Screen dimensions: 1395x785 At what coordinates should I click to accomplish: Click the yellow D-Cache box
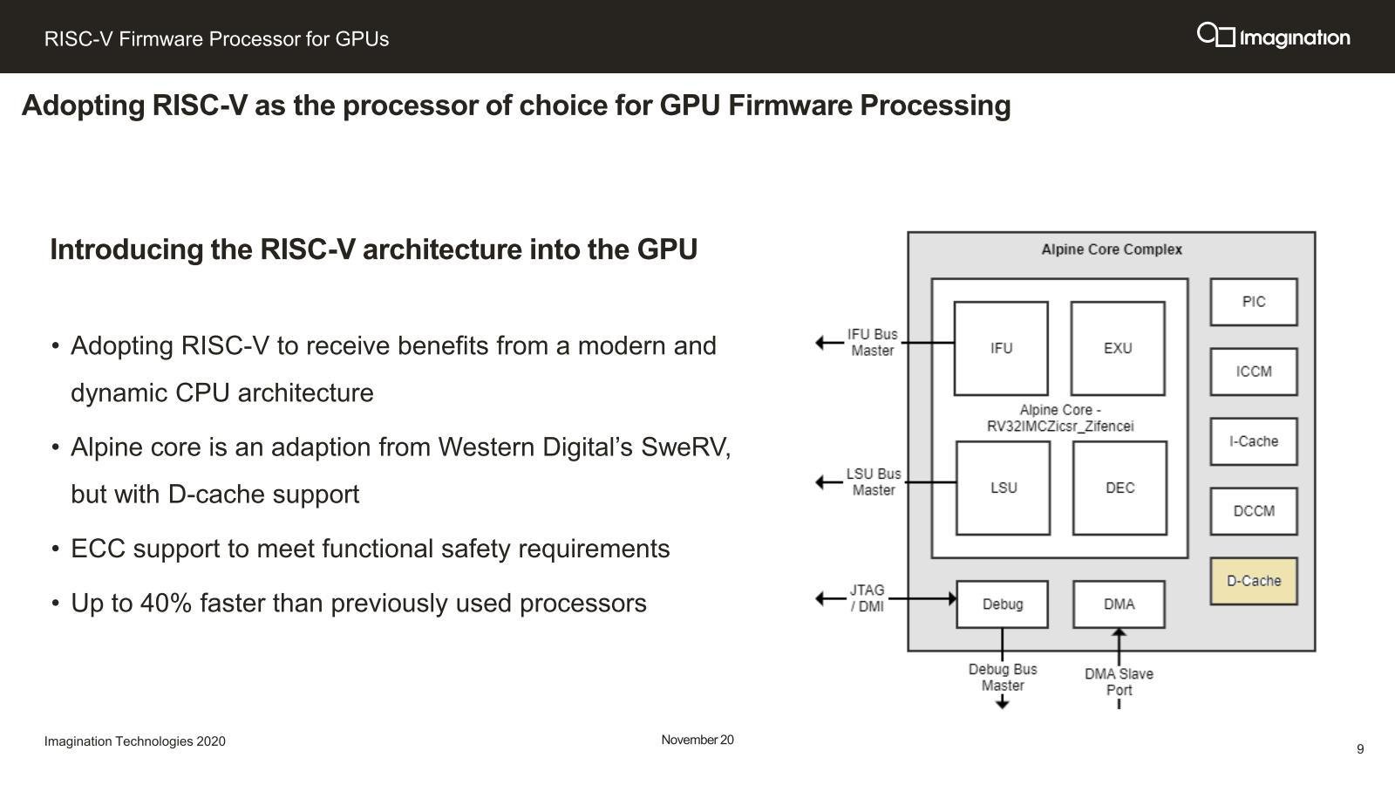click(1254, 581)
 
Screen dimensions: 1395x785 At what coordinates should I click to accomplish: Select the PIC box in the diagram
click(1254, 302)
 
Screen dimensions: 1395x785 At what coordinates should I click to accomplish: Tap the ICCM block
click(1254, 372)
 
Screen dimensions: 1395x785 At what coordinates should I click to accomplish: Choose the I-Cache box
click(1254, 441)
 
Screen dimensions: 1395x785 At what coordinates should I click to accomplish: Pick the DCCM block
click(1254, 511)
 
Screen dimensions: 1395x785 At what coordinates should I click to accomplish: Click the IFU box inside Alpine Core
click(1001, 348)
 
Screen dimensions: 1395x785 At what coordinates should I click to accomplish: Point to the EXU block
click(1118, 348)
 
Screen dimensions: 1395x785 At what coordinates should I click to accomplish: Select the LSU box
click(1004, 488)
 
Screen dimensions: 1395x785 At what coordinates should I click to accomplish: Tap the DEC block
click(1119, 488)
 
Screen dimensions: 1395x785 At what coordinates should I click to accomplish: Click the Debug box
click(1002, 604)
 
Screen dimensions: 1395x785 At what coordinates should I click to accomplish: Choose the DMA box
click(1119, 604)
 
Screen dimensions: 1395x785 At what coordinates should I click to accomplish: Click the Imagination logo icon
click(1215, 35)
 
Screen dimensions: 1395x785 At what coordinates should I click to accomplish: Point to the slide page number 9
click(1360, 749)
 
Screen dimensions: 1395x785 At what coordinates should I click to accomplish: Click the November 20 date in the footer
click(697, 741)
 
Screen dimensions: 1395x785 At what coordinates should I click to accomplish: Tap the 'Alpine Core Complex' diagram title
click(1112, 249)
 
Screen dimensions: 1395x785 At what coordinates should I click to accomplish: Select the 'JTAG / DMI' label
click(867, 598)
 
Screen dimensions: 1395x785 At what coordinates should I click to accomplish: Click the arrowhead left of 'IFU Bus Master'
click(821, 343)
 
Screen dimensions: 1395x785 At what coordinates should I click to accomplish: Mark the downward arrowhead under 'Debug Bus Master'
click(1002, 704)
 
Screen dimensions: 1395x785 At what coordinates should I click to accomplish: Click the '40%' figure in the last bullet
click(166, 603)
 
